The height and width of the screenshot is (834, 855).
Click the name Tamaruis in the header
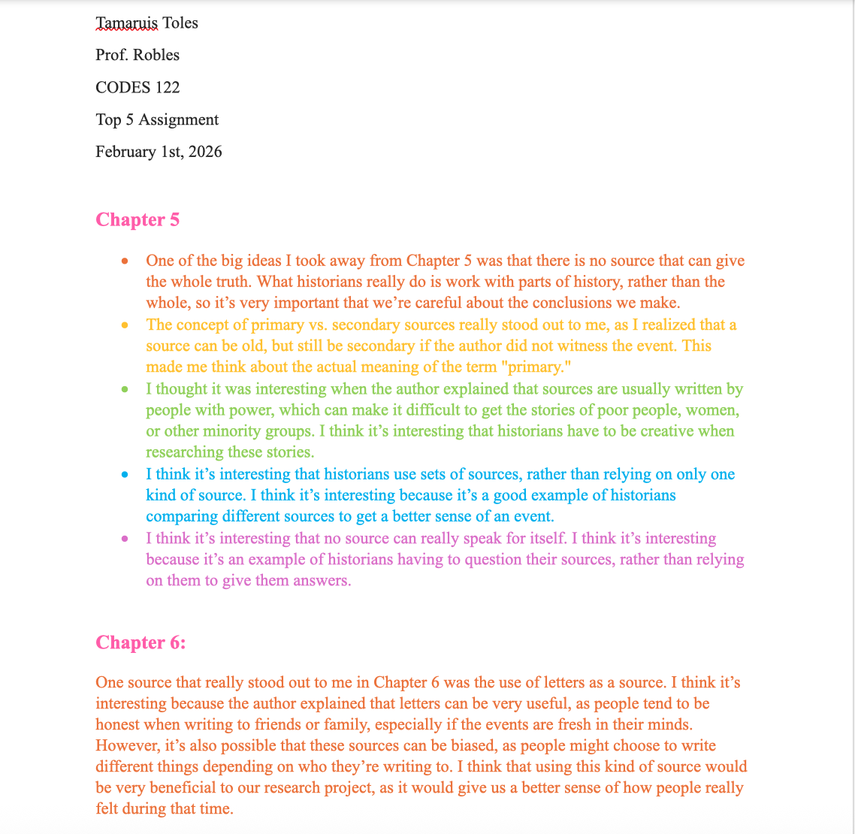pos(126,23)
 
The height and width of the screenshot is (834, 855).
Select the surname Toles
pos(180,23)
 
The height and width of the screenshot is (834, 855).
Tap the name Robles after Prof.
pos(156,56)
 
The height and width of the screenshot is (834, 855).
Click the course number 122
pos(168,88)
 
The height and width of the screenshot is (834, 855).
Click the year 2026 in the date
pos(205,153)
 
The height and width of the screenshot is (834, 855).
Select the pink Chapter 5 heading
pos(137,220)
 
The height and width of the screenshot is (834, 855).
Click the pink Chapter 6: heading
pos(140,643)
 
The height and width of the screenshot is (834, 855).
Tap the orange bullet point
pos(125,261)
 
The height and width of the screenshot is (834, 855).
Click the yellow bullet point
pos(125,325)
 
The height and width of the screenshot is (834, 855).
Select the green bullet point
pos(125,390)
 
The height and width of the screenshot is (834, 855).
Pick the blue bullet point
pos(125,475)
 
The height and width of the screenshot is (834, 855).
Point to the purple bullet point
pos(125,539)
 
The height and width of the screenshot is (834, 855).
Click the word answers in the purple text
pos(324,582)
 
